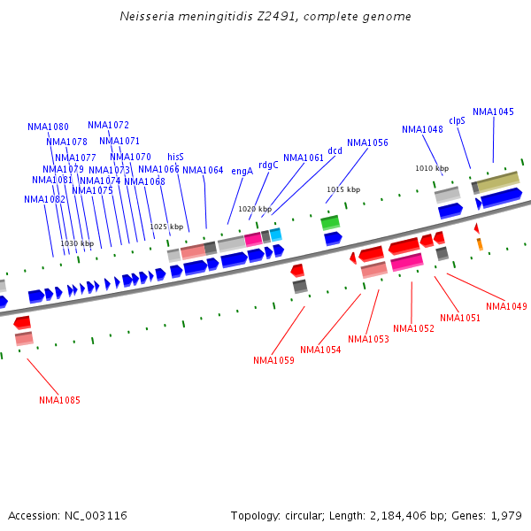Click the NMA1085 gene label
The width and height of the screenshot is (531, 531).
coord(59,400)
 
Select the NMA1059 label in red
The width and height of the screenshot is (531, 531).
coord(273,360)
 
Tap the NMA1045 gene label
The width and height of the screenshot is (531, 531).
coord(493,112)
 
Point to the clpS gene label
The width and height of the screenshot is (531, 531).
coord(457,120)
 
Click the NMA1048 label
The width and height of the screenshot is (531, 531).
coord(422,129)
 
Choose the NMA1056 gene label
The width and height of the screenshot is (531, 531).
coord(367,142)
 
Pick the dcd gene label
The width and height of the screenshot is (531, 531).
coord(335,150)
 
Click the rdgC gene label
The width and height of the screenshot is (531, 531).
coord(268,165)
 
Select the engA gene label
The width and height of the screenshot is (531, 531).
coord(242,171)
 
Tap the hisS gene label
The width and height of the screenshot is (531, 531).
coord(175,157)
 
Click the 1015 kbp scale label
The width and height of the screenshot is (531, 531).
coord(343,189)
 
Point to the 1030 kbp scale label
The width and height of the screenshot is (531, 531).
coord(77,243)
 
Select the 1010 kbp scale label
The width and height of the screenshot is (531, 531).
coord(432,168)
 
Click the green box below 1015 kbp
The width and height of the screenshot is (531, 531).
coord(330,222)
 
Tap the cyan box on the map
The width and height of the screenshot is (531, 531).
coord(276,235)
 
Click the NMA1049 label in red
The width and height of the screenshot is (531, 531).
coord(506,306)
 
